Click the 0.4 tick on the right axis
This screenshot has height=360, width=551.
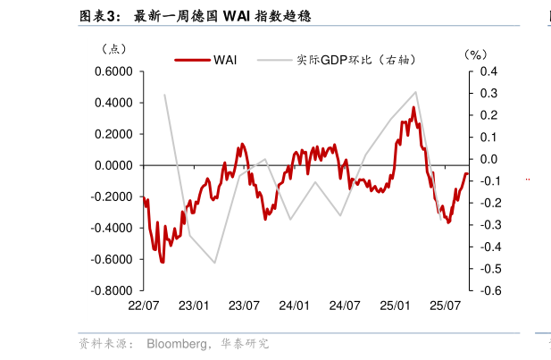click(x=488, y=71)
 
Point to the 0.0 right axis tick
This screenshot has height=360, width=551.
click(x=488, y=159)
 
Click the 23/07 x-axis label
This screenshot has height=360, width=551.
click(x=244, y=306)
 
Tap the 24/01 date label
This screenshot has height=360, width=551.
click(x=294, y=306)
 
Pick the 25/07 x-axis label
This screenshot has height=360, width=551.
click(x=445, y=306)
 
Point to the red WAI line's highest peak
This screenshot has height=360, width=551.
click(x=413, y=107)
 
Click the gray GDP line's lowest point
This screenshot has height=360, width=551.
click(x=215, y=263)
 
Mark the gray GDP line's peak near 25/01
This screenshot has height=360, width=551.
click(x=416, y=91)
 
